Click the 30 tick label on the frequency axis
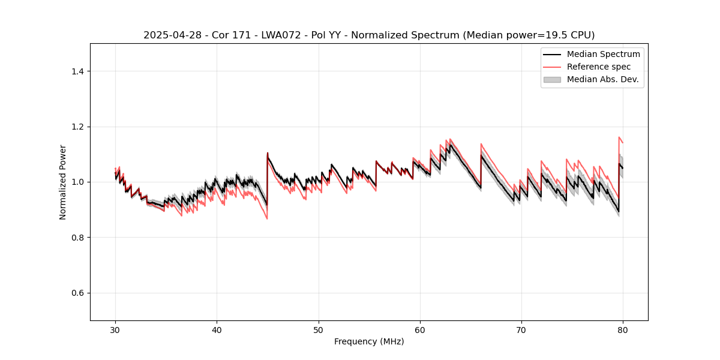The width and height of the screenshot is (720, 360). click(x=115, y=330)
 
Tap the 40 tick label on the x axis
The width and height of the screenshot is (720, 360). click(x=217, y=330)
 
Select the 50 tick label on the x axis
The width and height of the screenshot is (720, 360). click(x=319, y=330)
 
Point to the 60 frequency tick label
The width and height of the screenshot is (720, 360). click(x=420, y=330)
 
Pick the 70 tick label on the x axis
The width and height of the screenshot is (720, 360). click(x=521, y=330)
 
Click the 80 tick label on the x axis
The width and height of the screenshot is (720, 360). click(x=623, y=330)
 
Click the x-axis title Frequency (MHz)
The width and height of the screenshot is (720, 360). click(x=369, y=342)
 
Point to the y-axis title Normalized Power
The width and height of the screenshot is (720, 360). click(x=63, y=182)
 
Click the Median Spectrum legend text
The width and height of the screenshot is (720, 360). click(x=603, y=54)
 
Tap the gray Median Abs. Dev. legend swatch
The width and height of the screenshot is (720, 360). click(x=552, y=79)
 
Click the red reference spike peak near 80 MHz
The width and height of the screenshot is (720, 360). click(x=619, y=137)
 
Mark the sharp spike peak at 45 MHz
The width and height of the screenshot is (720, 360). click(x=268, y=153)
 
